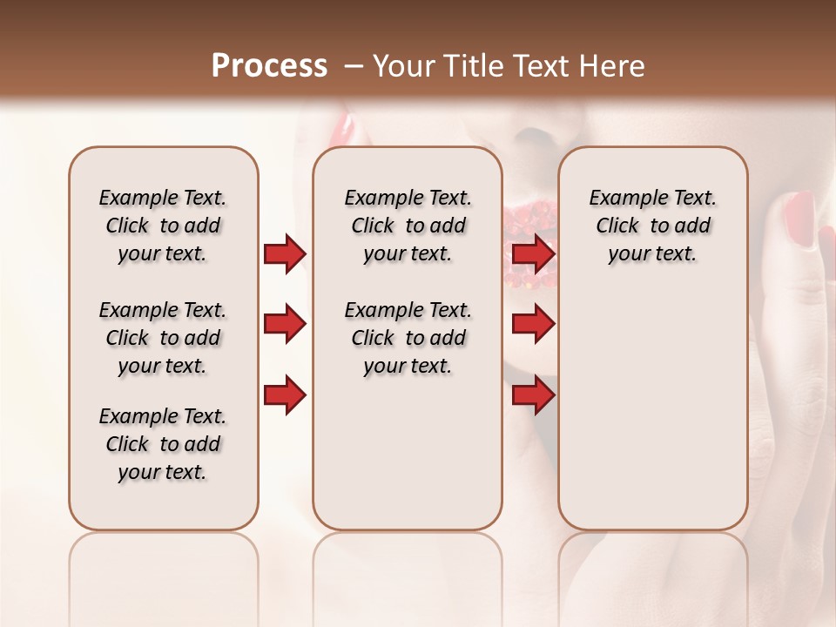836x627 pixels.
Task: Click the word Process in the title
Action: coord(269,66)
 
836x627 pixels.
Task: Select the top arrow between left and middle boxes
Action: coord(285,254)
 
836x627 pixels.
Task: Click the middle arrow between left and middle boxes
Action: coord(285,325)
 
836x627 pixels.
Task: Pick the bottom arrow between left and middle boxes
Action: coord(285,395)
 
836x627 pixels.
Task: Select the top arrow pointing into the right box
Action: coord(533,254)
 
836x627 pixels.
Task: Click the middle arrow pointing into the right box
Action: coord(533,325)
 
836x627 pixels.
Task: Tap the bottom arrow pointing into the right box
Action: coord(533,395)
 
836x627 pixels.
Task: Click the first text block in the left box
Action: coord(163,226)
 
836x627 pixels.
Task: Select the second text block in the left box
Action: coord(163,338)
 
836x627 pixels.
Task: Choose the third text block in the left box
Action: coord(163,444)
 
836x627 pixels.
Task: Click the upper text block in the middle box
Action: coord(408,226)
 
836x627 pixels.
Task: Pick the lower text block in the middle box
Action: coord(408,338)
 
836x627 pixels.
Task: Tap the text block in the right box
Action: coord(652,226)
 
